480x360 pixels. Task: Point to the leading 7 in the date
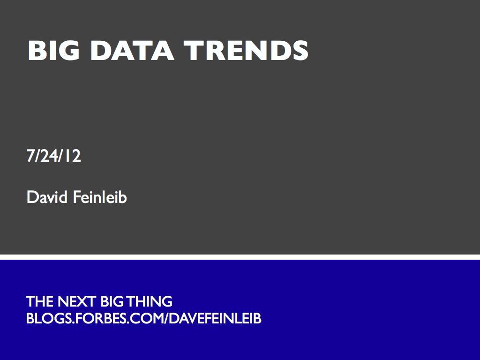tap(30, 156)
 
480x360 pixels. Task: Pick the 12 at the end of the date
tap(73, 156)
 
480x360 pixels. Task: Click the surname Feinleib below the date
tap(99, 197)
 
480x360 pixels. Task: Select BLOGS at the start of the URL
tap(44, 319)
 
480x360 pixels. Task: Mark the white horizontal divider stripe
tap(240, 257)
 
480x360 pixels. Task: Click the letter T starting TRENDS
tap(191, 50)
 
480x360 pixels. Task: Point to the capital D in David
tap(32, 197)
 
